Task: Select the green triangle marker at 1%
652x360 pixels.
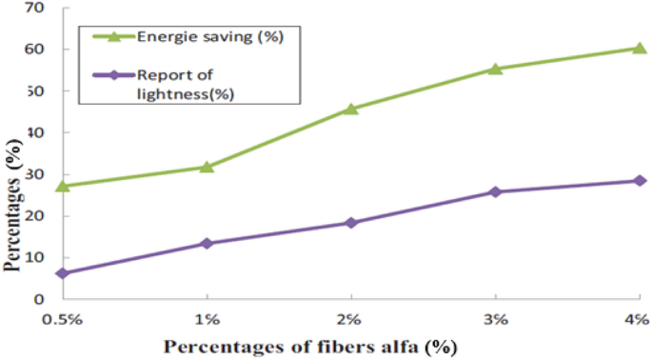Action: [207, 167]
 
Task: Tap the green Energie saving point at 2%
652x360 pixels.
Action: [350, 109]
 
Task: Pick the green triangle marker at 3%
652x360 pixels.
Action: [495, 69]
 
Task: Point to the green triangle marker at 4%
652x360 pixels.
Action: [640, 48]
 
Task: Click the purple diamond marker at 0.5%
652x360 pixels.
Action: [62, 273]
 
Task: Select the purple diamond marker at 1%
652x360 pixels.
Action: [207, 243]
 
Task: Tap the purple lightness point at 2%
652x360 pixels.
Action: [350, 223]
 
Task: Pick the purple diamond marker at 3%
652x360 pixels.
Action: [495, 191]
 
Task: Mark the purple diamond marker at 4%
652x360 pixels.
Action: [640, 180]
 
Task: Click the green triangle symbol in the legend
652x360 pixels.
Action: [113, 37]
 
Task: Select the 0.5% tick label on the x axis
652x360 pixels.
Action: [62, 317]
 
